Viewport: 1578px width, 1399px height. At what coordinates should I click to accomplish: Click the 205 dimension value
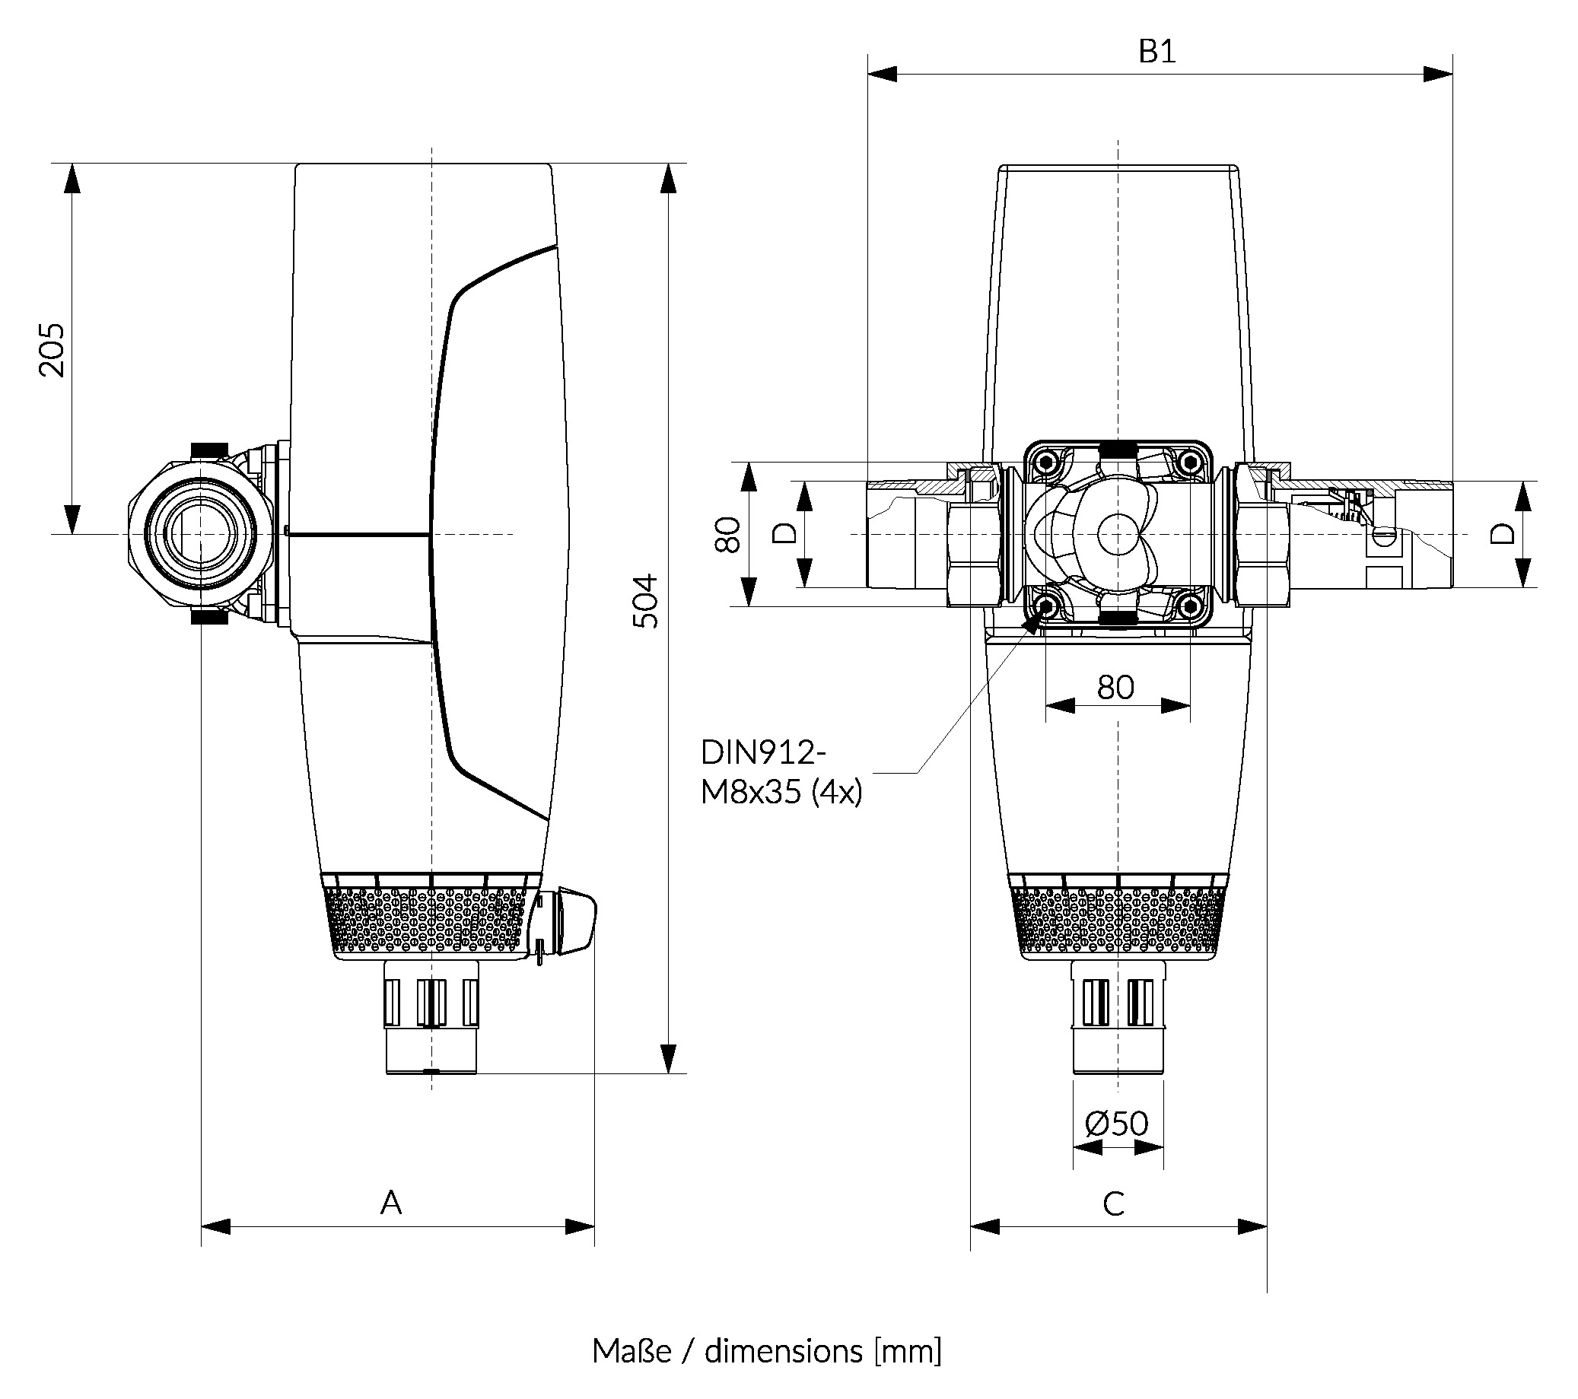point(52,350)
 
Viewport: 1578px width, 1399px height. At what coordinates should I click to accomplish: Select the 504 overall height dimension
point(645,602)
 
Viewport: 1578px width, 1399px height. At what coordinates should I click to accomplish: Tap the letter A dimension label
point(391,1202)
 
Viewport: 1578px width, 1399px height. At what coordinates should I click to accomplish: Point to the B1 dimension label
point(1156,52)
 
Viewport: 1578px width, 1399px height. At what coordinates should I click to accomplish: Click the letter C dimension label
point(1113,1203)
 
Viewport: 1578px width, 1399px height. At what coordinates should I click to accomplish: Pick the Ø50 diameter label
point(1116,1124)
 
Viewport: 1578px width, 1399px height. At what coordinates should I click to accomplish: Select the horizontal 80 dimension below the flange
point(1115,687)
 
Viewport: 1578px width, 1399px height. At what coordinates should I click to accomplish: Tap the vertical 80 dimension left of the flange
point(728,534)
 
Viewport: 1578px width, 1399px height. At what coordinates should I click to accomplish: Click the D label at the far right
point(1503,533)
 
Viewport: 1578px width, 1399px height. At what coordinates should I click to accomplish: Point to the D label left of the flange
point(784,533)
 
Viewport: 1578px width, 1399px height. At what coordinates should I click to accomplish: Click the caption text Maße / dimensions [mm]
point(767,1351)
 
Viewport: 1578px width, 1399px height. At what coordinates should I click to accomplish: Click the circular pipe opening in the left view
point(200,533)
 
